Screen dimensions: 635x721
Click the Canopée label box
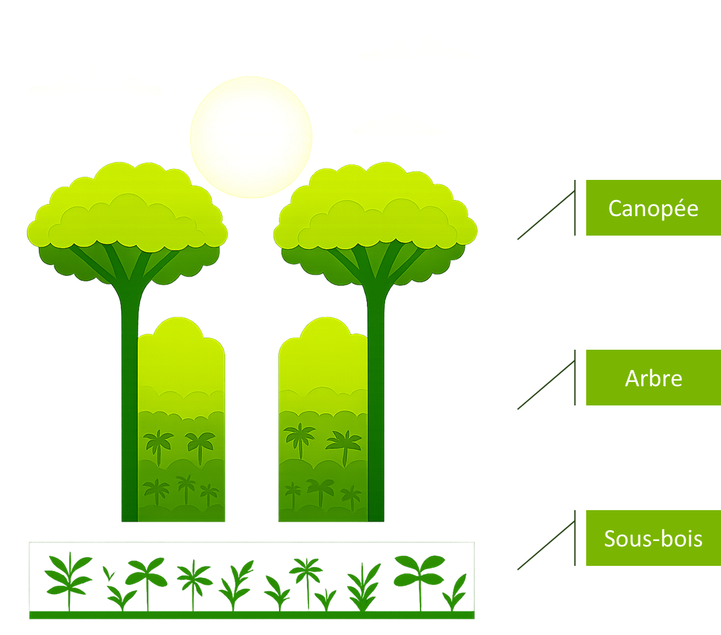[x=653, y=208]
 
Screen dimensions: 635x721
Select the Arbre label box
[x=653, y=378]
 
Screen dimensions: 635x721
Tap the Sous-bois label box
[x=653, y=538]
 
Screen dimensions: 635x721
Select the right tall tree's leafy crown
[x=375, y=215]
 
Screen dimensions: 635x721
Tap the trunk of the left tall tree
[x=129, y=403]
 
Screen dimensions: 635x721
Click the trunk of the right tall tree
[x=376, y=403]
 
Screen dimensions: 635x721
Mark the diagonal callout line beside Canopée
[x=546, y=214]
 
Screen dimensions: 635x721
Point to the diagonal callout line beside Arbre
[x=546, y=385]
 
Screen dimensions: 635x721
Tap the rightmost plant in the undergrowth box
[x=457, y=591]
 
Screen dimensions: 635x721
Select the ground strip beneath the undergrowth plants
[x=252, y=615]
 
